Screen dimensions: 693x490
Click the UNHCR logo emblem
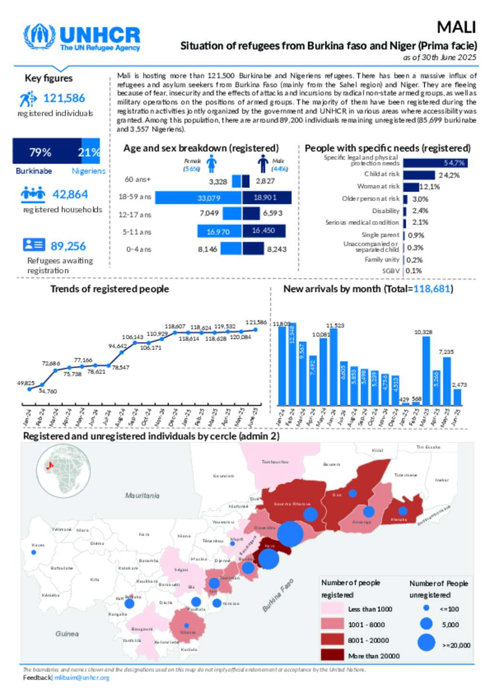point(40,37)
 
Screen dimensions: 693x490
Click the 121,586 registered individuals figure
point(64,99)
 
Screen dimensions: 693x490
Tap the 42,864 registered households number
point(70,195)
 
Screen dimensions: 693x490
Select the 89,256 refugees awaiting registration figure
point(68,246)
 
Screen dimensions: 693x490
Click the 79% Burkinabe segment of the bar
point(47,152)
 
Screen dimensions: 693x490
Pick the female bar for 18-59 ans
point(198,198)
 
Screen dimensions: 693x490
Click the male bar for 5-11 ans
point(264,231)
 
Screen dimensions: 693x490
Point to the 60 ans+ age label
point(137,179)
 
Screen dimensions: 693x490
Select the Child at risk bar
point(419,175)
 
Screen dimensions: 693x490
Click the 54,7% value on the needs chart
point(454,163)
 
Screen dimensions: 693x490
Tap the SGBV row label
point(390,271)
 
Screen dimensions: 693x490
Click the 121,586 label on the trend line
point(256,322)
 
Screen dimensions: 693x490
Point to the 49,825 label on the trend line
point(26,383)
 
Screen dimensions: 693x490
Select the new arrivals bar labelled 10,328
point(426,371)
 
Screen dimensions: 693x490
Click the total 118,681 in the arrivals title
point(432,289)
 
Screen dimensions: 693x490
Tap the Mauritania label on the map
point(142,495)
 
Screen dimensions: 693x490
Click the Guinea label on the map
point(67,634)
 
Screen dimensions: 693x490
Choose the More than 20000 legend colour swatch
point(332,655)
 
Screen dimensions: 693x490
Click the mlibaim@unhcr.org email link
point(82,678)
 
